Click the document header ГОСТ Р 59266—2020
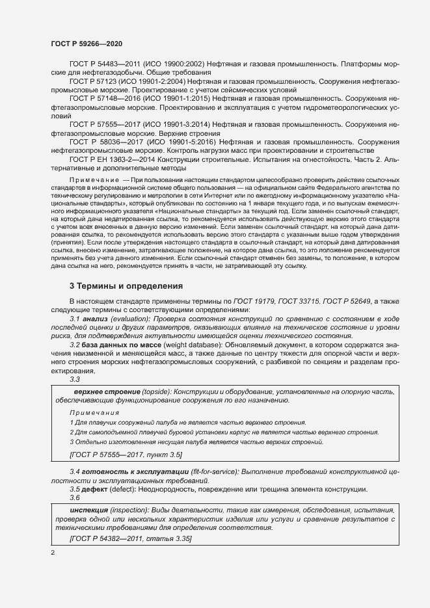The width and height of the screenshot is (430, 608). tap(86, 43)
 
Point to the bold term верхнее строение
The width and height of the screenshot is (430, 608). tap(104, 392)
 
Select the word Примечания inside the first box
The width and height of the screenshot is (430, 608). tap(94, 413)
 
